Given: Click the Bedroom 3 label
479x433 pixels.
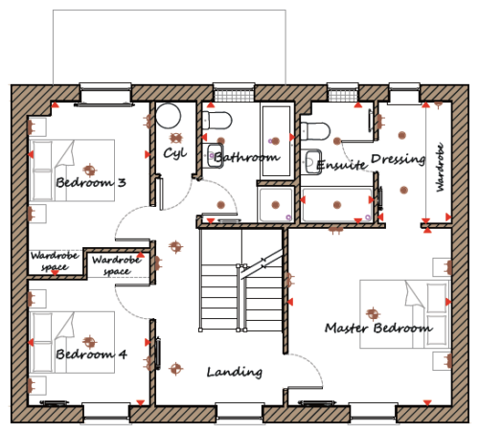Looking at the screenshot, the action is (x=91, y=182).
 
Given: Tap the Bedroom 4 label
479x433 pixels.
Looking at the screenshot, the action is (x=91, y=354).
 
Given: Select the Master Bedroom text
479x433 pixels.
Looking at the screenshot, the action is (x=378, y=328).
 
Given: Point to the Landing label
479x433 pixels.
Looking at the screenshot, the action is (x=235, y=372).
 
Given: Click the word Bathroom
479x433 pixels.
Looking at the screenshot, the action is (x=247, y=157).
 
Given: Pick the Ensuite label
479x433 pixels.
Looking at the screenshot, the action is (x=341, y=165).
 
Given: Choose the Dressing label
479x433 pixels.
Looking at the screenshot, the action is (x=399, y=159).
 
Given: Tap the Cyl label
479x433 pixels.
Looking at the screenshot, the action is (x=175, y=153).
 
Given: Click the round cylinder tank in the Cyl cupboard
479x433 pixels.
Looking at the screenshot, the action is (x=169, y=116).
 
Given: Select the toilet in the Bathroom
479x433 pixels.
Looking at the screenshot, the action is (x=217, y=120).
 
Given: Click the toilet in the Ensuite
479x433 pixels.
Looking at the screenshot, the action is (x=315, y=131).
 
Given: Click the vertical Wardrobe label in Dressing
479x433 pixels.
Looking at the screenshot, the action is (x=441, y=168).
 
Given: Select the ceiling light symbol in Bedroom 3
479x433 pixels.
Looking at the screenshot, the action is (x=90, y=170).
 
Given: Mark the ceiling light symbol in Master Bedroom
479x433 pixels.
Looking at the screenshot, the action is (x=373, y=314).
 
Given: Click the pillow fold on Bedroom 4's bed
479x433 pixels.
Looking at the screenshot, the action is (x=66, y=326).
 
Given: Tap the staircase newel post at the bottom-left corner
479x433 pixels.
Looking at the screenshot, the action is (x=200, y=330).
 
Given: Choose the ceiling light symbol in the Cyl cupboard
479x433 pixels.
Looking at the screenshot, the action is (x=175, y=138).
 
